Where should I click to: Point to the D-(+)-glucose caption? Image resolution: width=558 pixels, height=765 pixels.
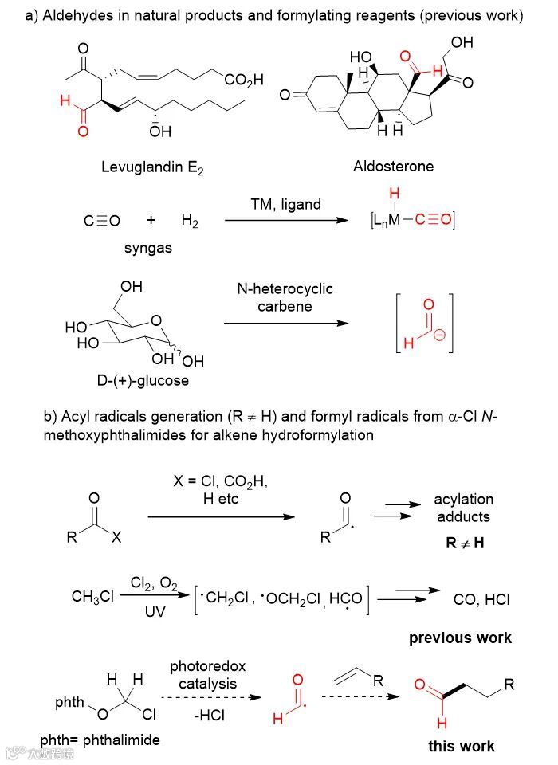(x=144, y=380)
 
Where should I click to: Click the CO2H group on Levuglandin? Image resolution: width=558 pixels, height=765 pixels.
(x=244, y=80)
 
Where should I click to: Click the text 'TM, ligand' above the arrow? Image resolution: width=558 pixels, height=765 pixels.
(x=284, y=204)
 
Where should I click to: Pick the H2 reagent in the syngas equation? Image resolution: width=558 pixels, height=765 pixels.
(x=190, y=222)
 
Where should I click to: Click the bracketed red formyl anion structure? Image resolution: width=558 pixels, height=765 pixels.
(x=423, y=324)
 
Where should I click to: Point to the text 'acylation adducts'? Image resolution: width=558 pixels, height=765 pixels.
(x=463, y=508)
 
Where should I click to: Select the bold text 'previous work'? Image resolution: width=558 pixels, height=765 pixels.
(x=460, y=637)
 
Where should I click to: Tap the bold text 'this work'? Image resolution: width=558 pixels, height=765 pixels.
(x=461, y=747)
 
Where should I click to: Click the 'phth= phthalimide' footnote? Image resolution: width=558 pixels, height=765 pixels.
(x=100, y=739)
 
